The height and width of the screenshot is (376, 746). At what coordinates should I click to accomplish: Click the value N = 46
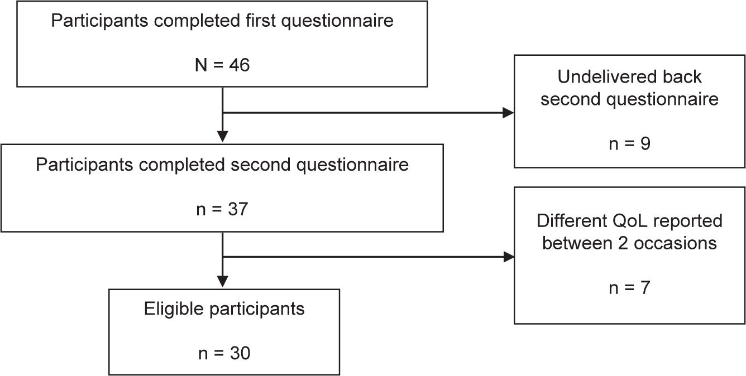222,65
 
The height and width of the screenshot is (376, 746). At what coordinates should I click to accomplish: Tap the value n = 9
629,143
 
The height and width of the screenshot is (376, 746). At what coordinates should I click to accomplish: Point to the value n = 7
629,288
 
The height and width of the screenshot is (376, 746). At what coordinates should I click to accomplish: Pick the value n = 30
224,353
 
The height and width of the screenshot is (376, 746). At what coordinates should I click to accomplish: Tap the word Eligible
174,308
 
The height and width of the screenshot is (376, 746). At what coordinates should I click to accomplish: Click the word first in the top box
261,21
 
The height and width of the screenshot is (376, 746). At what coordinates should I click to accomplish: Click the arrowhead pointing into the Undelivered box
508,113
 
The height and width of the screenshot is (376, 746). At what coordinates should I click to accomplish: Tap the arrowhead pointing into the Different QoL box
508,257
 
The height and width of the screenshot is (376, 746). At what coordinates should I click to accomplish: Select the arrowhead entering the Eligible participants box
222,282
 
